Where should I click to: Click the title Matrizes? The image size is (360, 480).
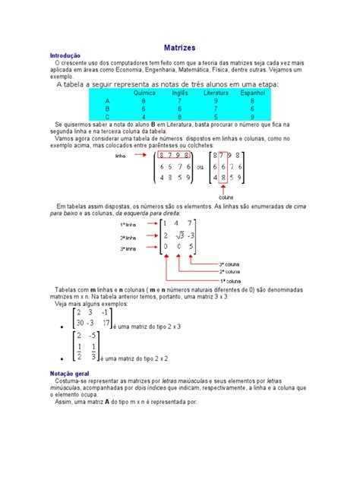[x=180, y=47]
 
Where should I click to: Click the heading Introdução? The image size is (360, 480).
[x=65, y=56]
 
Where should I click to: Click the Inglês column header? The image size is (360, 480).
[x=180, y=92]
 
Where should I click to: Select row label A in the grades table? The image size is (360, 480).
[x=107, y=100]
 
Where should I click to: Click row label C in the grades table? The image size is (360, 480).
[x=107, y=116]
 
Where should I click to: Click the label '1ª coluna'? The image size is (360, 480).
[x=230, y=279]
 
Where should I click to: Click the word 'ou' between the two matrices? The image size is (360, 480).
[x=201, y=167]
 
